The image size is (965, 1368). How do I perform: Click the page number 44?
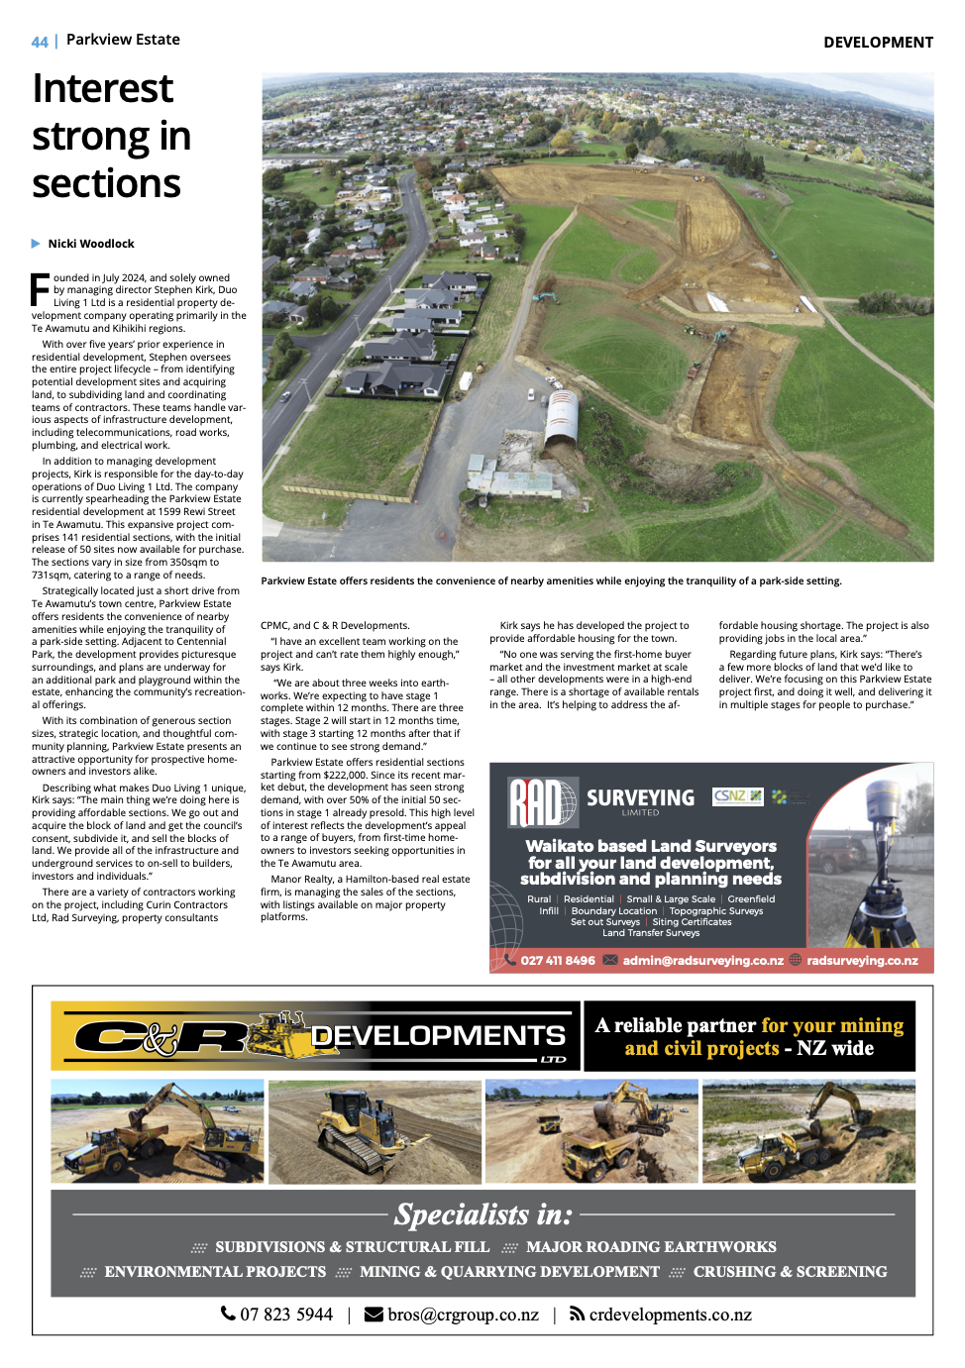pos(40,42)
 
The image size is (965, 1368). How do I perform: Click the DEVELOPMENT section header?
pos(878,42)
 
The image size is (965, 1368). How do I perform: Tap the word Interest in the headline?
pos(103,88)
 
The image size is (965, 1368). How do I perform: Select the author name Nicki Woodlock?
pos(91,244)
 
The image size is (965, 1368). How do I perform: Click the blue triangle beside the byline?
pos(37,244)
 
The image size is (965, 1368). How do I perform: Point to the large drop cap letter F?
pos(40,288)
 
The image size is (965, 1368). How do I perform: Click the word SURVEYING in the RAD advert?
pos(640,797)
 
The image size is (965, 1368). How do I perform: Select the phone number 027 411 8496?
pos(558,961)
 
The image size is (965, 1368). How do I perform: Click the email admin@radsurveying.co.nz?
pos(702,961)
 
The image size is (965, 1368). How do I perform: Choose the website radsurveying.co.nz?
pos(862,961)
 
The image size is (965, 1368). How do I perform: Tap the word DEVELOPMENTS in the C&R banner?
pos(438,1036)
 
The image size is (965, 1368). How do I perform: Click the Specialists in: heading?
pos(483,1214)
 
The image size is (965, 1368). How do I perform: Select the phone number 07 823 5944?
pos(286,1315)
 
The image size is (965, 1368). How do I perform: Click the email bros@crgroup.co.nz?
pos(463,1315)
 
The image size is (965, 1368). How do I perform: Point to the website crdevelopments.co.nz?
pos(670,1315)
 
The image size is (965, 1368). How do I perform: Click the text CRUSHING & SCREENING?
pos(790,1272)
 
